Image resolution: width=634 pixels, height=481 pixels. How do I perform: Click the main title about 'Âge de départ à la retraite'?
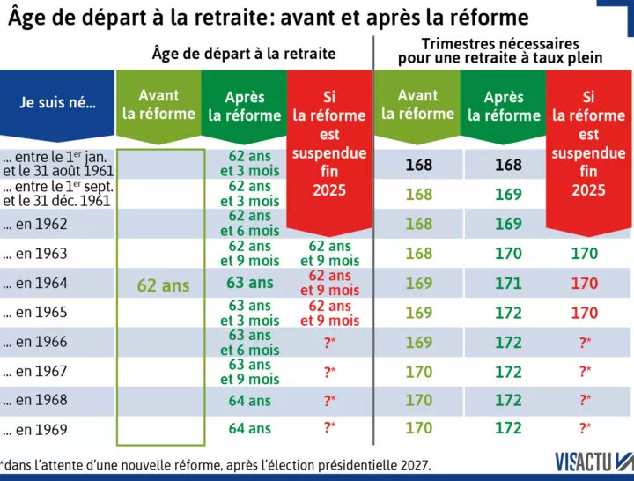tap(269, 17)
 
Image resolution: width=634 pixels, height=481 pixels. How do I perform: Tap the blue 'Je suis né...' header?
tap(58, 102)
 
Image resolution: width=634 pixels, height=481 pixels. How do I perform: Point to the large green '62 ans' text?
tap(163, 285)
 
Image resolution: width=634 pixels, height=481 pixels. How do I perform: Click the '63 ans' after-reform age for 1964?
tap(250, 283)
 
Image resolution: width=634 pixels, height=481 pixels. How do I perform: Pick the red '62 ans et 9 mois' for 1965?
tap(329, 313)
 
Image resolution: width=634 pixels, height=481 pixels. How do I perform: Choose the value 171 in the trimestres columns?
tap(508, 283)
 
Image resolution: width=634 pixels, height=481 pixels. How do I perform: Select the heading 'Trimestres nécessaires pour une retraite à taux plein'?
tap(500, 51)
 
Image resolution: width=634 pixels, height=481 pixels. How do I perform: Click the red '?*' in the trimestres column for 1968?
tap(585, 400)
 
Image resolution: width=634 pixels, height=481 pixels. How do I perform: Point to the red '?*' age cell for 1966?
tap(329, 342)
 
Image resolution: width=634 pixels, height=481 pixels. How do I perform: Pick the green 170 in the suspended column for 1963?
tap(585, 254)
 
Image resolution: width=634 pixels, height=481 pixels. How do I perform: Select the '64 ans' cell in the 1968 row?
tap(250, 400)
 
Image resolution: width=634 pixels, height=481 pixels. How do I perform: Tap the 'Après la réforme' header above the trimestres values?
tap(504, 106)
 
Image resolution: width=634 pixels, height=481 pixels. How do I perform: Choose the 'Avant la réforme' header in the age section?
tap(158, 105)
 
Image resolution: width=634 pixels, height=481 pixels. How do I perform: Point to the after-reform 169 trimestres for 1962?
tap(508, 224)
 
